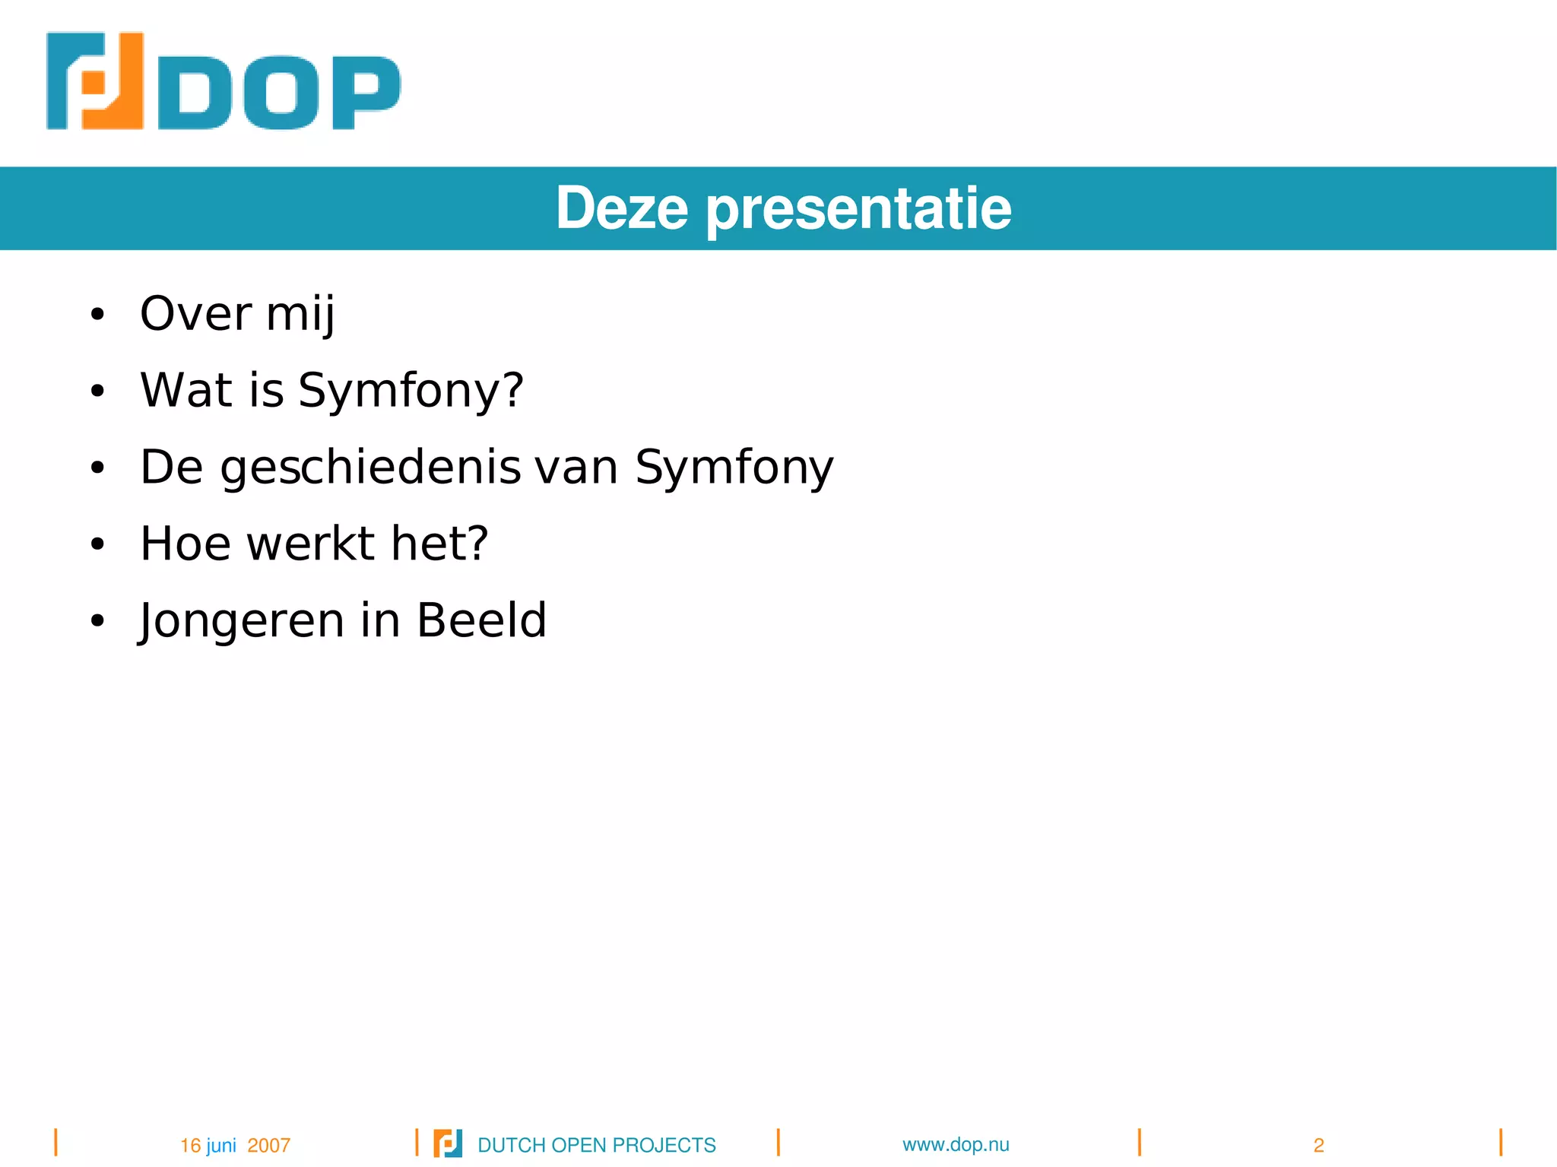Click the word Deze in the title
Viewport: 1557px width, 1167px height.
click(x=622, y=208)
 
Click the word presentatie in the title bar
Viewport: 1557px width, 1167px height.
click(x=859, y=210)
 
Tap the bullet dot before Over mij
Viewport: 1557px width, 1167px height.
click(x=97, y=314)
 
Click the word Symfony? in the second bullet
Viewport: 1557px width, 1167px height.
click(x=411, y=391)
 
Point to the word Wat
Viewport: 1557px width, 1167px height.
click(x=186, y=390)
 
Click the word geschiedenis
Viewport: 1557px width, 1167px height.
click(x=370, y=468)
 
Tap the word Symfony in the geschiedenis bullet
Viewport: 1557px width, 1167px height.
click(x=734, y=468)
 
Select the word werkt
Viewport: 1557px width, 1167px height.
click(x=311, y=544)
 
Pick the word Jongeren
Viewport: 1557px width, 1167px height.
click(x=241, y=621)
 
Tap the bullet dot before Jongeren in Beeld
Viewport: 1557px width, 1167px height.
click(x=97, y=621)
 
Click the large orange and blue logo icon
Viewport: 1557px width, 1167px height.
click(x=95, y=81)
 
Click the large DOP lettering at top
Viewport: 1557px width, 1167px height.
click(x=278, y=93)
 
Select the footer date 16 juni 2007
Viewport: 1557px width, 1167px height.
click(x=235, y=1145)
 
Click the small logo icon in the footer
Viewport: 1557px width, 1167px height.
click(x=447, y=1143)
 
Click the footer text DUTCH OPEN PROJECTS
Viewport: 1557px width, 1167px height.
click(x=596, y=1145)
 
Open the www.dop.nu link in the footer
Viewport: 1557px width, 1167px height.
click(x=956, y=1144)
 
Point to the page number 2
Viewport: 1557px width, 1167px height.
click(x=1319, y=1145)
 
